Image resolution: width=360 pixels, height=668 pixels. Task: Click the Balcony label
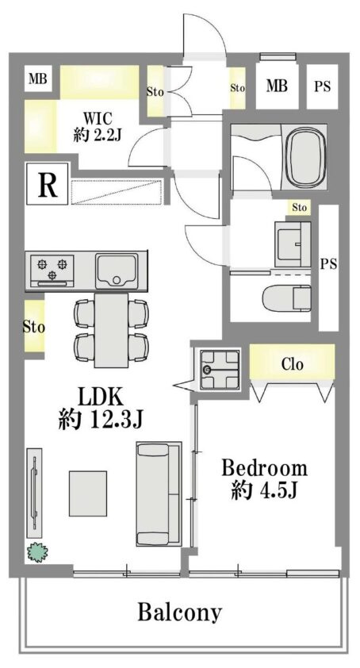tap(179, 612)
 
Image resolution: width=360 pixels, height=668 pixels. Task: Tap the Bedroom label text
tap(264, 467)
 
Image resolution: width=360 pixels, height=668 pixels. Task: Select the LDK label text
tap(99, 394)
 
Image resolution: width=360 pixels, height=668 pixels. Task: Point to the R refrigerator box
tap(47, 186)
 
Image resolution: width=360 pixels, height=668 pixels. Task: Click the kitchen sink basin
tap(117, 271)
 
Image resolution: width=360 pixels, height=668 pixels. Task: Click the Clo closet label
tap(292, 364)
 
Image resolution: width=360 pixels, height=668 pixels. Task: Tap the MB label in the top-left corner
tap(36, 79)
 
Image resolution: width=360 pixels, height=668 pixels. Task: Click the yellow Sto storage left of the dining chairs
tap(33, 327)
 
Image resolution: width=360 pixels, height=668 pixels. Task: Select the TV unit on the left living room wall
tap(33, 493)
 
